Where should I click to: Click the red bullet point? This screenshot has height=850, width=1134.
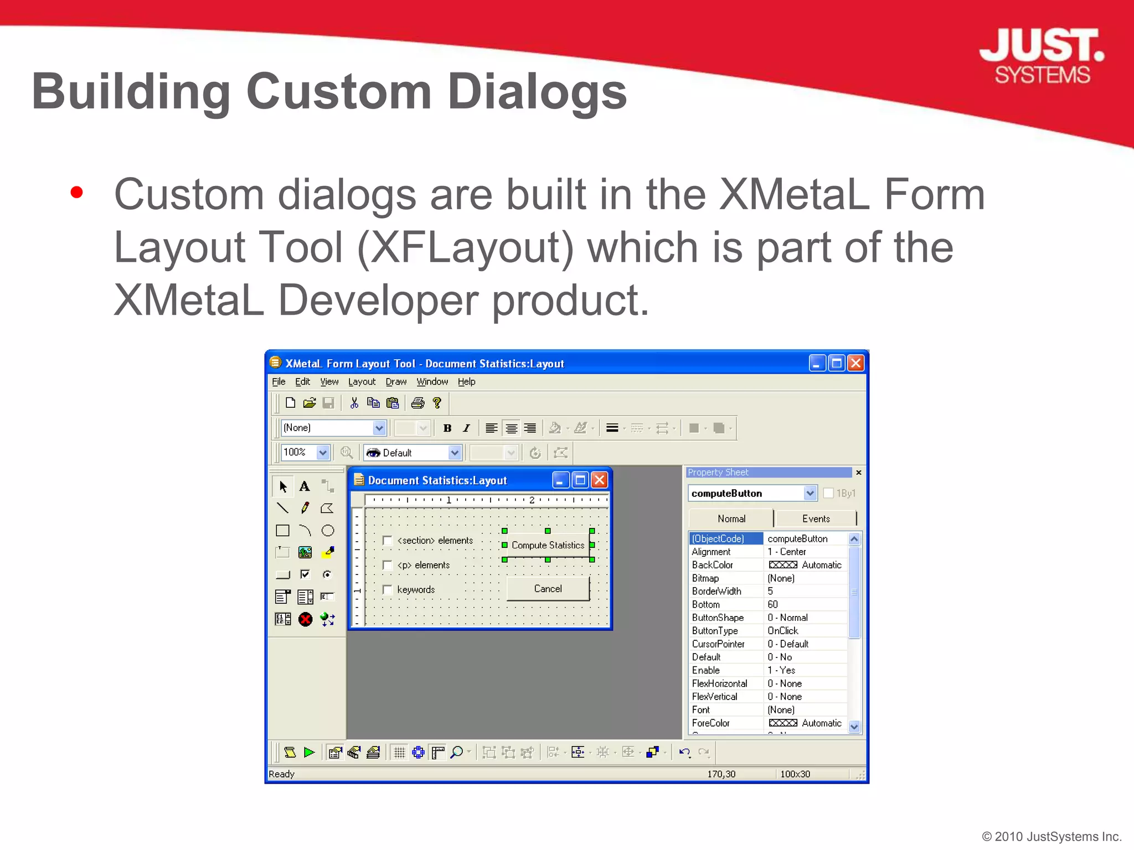[77, 193]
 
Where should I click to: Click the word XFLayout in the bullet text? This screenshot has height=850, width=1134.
[466, 247]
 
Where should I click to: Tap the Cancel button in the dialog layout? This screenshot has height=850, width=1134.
[548, 589]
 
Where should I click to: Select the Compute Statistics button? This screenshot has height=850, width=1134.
[548, 545]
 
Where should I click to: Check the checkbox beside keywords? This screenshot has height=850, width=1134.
[388, 590]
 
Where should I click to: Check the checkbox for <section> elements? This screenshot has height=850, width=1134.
[388, 541]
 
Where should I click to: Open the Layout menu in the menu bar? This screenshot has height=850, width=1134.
[362, 382]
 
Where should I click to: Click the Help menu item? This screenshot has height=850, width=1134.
[466, 382]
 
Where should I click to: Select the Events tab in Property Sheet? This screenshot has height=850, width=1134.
[816, 519]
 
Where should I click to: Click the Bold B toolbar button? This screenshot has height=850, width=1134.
[447, 428]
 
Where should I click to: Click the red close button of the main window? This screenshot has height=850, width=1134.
[855, 363]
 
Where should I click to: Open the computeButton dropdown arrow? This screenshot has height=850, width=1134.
[810, 493]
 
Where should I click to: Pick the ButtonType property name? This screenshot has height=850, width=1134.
[715, 631]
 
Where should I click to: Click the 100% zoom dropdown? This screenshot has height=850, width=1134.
[322, 453]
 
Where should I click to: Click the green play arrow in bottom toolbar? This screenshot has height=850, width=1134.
[310, 752]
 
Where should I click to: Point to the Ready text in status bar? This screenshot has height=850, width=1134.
[281, 774]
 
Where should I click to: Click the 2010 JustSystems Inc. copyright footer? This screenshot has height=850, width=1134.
[1051, 836]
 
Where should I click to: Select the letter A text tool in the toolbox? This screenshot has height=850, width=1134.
[305, 486]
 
